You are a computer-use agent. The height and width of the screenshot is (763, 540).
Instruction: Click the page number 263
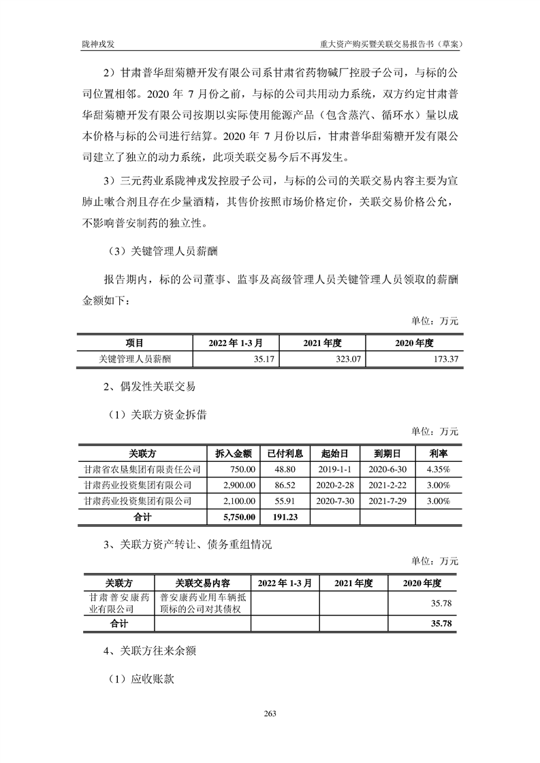click(270, 713)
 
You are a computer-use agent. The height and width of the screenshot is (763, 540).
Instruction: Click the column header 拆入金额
click(234, 453)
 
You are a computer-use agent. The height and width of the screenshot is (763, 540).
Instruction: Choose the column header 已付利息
click(285, 453)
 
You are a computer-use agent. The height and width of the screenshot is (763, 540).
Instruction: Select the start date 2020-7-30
click(334, 501)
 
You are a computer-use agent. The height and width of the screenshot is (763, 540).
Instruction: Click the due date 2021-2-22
click(386, 486)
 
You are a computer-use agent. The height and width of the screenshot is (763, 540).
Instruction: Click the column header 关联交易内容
click(202, 583)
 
